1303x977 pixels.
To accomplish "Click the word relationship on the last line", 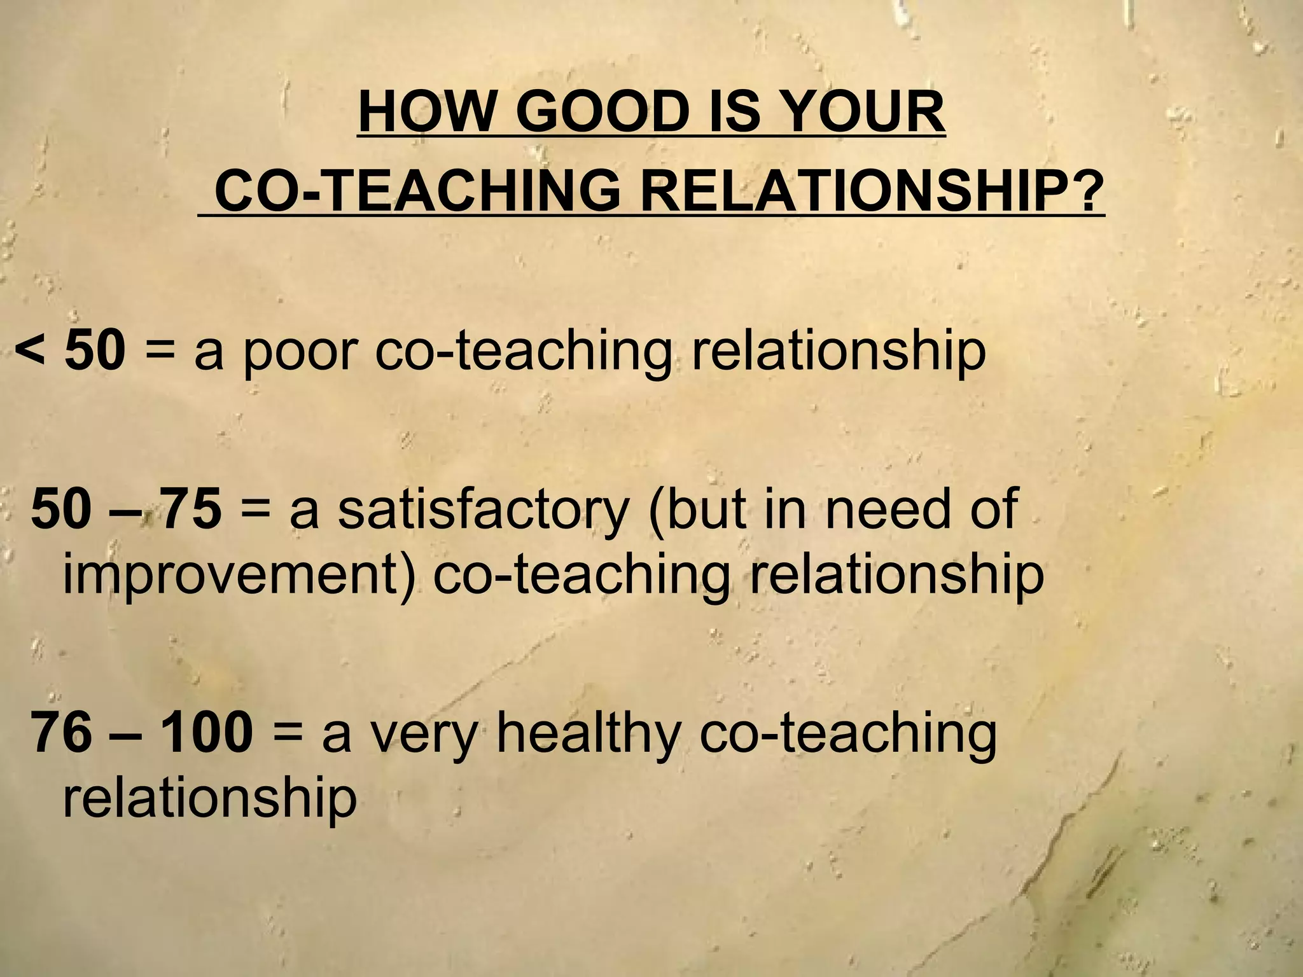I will (x=209, y=798).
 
